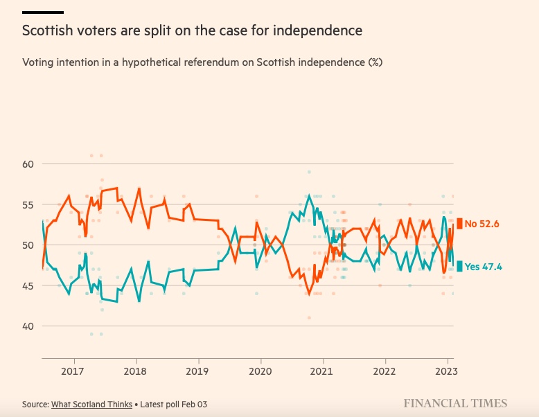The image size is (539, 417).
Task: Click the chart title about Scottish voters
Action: (192, 31)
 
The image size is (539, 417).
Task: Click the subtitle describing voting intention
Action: (202, 62)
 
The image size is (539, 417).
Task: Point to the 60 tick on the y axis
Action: (28, 164)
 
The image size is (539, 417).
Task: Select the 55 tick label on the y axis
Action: (28, 204)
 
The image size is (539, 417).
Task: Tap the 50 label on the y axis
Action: (28, 245)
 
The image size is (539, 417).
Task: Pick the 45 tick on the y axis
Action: (28, 285)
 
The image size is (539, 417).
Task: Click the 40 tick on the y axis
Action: (28, 326)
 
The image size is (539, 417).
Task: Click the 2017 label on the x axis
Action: (73, 371)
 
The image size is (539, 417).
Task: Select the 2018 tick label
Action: (136, 371)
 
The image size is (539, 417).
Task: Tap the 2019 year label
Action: (198, 371)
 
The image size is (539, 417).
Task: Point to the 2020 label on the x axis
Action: (260, 371)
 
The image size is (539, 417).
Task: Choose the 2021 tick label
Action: (323, 371)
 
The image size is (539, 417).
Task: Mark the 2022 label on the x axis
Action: (385, 371)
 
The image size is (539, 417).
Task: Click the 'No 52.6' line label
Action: (481, 224)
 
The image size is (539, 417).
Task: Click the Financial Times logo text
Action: (455, 403)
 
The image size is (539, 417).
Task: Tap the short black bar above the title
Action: (43, 12)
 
